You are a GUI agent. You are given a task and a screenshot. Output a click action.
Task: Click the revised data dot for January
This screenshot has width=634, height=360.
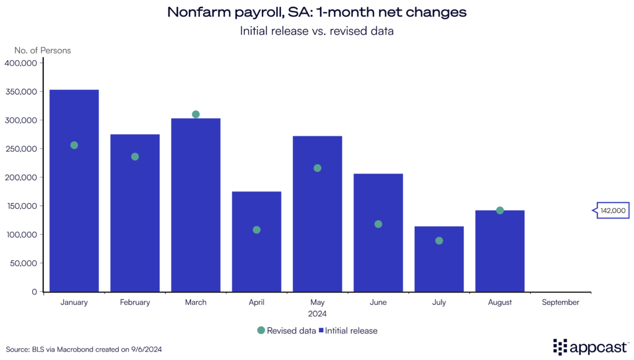point(74,145)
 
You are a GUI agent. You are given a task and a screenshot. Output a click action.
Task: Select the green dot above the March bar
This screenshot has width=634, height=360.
point(196,114)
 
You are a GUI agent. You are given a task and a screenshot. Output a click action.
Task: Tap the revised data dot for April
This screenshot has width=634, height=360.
point(256,230)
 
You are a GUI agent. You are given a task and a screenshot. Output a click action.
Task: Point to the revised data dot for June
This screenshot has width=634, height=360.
point(378,224)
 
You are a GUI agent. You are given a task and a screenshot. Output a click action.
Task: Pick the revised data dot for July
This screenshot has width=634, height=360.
point(439,240)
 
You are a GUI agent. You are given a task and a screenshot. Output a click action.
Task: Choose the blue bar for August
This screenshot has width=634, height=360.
point(500,254)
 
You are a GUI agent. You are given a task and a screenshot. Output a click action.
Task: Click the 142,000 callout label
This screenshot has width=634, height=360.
point(612,211)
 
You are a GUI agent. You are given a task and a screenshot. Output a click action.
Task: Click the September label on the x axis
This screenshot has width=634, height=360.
point(560,302)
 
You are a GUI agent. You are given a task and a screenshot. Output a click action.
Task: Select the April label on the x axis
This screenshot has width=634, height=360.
point(256,302)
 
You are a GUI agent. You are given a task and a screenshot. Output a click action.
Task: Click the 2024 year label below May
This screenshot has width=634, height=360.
point(317,314)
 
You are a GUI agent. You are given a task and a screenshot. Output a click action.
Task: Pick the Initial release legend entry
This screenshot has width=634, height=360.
point(348,330)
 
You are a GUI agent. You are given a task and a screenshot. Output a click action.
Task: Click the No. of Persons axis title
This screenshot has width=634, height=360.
point(43,50)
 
